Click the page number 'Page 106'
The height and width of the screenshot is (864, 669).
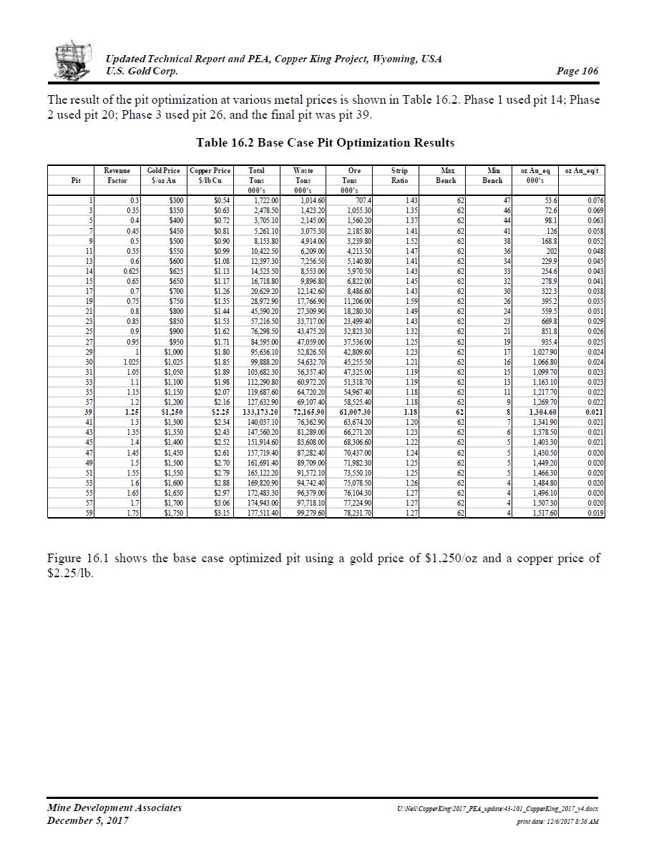577,71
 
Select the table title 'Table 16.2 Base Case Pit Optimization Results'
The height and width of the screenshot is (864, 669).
325,143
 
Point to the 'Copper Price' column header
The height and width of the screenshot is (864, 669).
210,171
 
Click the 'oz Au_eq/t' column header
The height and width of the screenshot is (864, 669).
581,171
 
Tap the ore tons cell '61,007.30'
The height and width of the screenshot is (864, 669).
353,412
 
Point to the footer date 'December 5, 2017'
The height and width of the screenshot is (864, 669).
88,820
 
